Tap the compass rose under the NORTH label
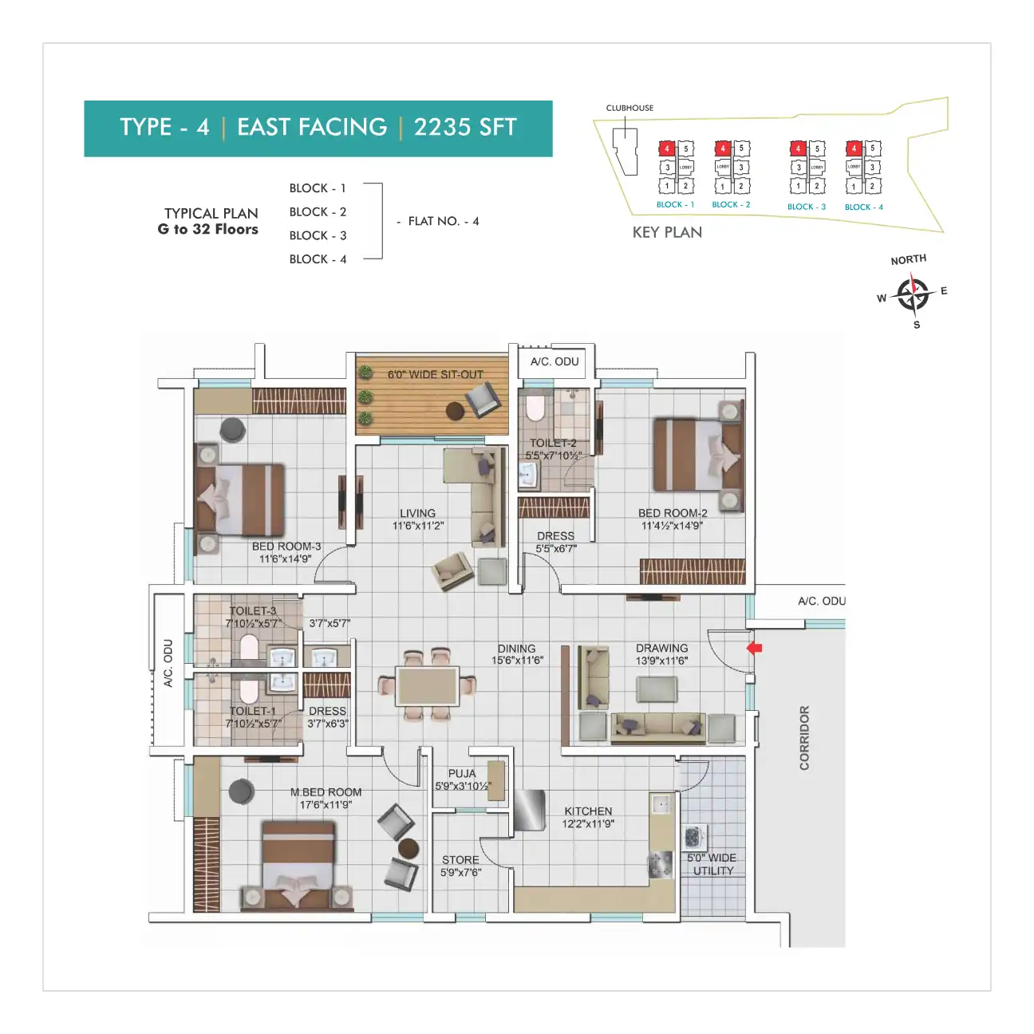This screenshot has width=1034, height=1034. (912, 294)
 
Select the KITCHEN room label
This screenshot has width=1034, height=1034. (588, 811)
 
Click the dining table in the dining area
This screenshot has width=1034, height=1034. (427, 686)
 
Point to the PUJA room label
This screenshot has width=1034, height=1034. (462, 774)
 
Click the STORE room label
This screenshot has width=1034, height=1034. (460, 860)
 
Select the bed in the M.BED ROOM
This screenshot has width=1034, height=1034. (298, 866)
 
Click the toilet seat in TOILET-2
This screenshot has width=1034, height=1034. (535, 408)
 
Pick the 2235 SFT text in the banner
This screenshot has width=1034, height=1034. (465, 128)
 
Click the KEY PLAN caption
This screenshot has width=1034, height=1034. (667, 232)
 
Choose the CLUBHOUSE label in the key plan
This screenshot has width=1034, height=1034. (629, 108)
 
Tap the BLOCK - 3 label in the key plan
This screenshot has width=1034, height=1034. (806, 207)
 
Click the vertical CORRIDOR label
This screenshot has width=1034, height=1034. (804, 737)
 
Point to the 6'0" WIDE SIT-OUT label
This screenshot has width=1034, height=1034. (436, 374)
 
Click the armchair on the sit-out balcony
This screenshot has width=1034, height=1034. (483, 398)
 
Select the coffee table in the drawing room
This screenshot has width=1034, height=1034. (657, 689)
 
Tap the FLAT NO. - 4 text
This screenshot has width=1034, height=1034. (443, 221)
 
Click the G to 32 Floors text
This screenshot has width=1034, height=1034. (208, 229)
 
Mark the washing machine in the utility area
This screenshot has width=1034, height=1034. (694, 835)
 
